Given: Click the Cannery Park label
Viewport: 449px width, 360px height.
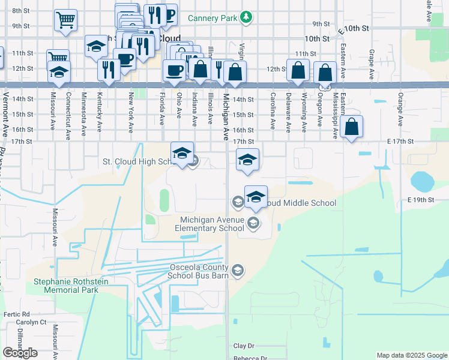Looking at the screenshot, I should [212, 18].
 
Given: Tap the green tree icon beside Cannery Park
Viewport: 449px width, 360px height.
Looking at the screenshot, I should [245, 18].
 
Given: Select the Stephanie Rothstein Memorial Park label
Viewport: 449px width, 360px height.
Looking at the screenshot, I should [66, 286].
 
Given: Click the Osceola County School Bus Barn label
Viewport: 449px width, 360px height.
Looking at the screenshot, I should [199, 272].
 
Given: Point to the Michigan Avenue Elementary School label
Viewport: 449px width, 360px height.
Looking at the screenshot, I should [209, 224].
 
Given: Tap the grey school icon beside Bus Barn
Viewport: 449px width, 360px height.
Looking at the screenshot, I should [238, 271].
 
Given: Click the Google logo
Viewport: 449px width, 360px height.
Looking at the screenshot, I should [20, 353].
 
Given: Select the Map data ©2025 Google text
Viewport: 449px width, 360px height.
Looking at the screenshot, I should [411, 355].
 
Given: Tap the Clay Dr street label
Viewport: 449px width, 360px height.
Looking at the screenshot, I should [244, 346].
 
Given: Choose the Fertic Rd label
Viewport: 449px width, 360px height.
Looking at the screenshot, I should [16, 314].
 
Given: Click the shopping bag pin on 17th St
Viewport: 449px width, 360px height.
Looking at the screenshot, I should [352, 127].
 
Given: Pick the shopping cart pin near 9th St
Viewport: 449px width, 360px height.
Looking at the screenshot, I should [65, 20].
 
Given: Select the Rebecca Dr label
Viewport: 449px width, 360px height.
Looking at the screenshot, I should [250, 358].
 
